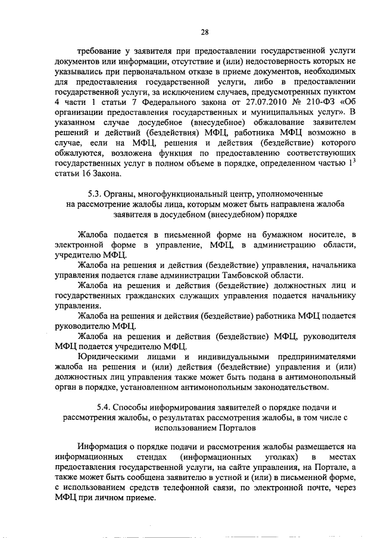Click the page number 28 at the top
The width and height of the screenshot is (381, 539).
click(204, 32)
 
